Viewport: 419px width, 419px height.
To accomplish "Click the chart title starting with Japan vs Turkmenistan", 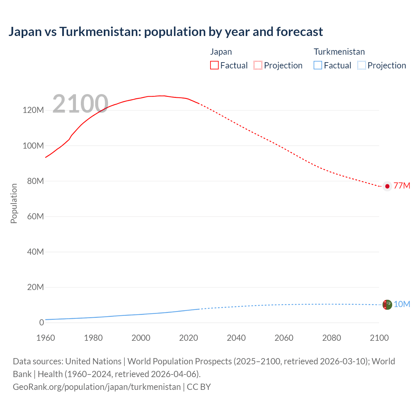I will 166,32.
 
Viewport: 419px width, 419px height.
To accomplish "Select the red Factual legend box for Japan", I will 214,65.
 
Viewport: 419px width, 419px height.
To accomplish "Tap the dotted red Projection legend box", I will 258,65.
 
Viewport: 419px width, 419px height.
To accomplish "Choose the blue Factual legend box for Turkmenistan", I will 318,65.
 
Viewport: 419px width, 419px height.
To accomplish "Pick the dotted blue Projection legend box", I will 361,65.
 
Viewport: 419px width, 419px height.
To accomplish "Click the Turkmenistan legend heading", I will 339,52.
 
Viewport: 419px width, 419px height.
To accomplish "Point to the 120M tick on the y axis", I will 33,110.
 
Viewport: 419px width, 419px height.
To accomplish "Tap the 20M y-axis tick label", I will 35,287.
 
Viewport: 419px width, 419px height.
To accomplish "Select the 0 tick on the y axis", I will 41,322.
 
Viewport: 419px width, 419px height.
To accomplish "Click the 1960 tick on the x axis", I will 46,338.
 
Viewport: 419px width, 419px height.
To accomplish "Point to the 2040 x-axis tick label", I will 236,338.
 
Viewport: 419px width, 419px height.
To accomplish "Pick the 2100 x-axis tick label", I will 379,338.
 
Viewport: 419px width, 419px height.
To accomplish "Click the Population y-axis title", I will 14,203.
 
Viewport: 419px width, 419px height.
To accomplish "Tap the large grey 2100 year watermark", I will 80,104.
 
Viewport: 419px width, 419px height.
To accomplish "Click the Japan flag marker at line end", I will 387,186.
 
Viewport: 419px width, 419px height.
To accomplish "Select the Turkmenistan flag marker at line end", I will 387,304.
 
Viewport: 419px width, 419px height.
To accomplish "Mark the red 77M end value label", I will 402,186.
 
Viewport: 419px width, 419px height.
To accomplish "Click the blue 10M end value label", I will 402,304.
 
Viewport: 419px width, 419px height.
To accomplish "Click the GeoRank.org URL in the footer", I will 97,387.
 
